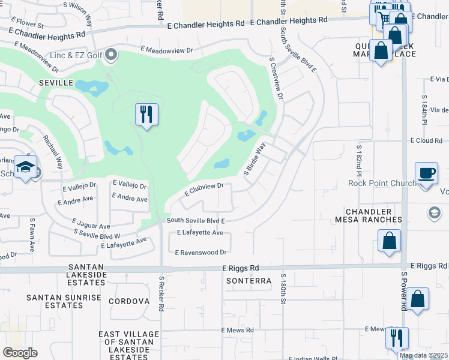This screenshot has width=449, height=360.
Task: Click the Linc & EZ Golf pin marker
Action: (x=110, y=56)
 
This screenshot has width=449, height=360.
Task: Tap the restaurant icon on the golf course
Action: (x=146, y=114)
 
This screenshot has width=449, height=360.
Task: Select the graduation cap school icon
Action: (x=26, y=168)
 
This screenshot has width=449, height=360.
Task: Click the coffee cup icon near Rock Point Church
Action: (x=426, y=173)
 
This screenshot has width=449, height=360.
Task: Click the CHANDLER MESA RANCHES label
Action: (x=377, y=217)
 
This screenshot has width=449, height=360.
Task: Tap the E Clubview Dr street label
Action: (x=203, y=190)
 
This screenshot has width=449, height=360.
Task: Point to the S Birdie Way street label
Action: (x=255, y=159)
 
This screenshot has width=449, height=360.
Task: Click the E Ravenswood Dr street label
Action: (x=200, y=253)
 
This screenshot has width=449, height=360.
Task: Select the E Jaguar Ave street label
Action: (x=86, y=226)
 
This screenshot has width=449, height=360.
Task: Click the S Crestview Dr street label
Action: (x=276, y=79)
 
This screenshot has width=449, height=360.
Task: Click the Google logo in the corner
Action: (x=20, y=353)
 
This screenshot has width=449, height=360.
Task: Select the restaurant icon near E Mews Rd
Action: (x=397, y=338)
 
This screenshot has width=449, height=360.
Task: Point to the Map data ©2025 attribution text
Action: (x=424, y=355)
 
